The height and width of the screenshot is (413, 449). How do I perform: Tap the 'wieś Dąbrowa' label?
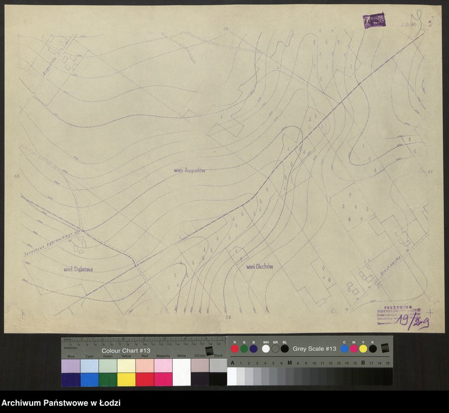click(x=78, y=270)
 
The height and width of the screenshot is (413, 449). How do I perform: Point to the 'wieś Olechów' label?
click(x=259, y=267)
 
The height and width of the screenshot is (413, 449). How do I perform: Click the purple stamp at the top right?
click(x=375, y=21)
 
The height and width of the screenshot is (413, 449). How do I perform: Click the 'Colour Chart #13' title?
click(x=126, y=350)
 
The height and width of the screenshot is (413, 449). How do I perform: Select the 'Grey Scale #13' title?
click(x=314, y=349)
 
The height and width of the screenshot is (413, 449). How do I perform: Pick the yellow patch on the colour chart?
click(x=127, y=379)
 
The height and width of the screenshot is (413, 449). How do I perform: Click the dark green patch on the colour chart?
click(x=108, y=379)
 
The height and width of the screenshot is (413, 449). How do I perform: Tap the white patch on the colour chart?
click(x=182, y=372)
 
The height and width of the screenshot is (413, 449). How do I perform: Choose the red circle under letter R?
click(x=235, y=349)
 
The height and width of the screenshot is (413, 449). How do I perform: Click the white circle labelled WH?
click(x=265, y=349)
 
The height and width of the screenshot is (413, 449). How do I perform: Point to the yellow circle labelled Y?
click(x=363, y=349)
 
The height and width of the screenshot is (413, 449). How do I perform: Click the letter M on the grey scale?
click(x=290, y=363)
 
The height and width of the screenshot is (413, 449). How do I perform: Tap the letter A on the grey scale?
click(x=232, y=363)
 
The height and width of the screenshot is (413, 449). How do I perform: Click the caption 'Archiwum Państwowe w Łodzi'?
click(x=61, y=403)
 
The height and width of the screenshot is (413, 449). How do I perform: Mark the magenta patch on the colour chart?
click(x=163, y=379)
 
